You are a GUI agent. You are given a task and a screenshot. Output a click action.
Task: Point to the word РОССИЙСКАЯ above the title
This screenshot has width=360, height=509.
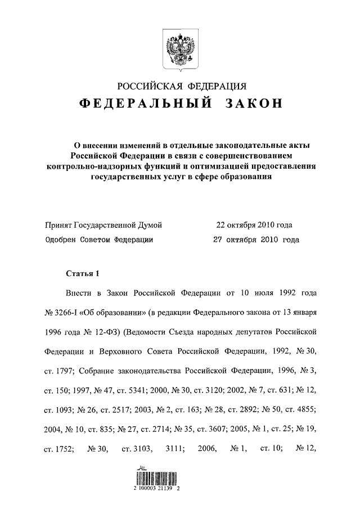[x=150, y=85]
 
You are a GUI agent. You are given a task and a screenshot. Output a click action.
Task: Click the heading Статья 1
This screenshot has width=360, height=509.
[x=82, y=274]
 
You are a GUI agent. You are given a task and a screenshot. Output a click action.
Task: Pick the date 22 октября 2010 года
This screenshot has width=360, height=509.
[x=254, y=226]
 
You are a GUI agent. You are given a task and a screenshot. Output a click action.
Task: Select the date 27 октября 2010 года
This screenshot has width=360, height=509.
[x=256, y=239]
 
